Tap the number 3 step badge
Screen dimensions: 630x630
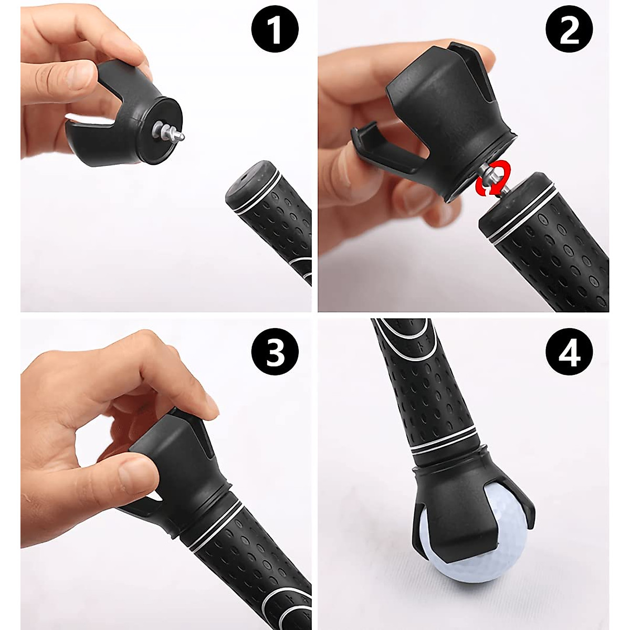click(x=275, y=351)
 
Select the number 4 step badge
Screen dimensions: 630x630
click(x=569, y=351)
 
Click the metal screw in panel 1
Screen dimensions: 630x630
click(x=171, y=131)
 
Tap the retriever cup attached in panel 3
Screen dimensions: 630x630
click(x=178, y=462)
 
